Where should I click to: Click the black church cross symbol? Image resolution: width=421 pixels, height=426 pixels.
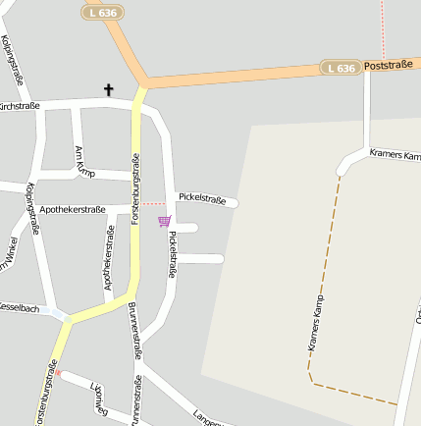coord(109,90)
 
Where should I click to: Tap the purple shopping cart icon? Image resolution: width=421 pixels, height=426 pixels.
coord(164,221)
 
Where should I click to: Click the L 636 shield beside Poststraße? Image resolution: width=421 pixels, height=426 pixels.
coord(339,68)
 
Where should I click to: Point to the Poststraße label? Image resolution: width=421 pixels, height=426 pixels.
coord(388,66)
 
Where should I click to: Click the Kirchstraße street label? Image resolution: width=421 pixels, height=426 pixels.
coord(19,105)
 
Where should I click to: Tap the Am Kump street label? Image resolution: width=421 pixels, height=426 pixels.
coord(84,162)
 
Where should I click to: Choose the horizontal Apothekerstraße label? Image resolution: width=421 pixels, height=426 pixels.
coord(72,209)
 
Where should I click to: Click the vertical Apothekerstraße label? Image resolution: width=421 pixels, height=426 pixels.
coord(109,257)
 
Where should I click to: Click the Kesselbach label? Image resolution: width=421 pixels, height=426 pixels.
coord(19,308)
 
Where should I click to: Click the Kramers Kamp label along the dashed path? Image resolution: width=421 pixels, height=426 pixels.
coord(315,324)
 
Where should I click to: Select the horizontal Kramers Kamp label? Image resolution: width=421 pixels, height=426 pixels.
coord(395,155)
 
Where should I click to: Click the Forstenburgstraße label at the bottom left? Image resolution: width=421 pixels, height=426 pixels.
coord(45,393)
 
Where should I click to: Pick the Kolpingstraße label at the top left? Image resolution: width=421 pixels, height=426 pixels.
coord(12,58)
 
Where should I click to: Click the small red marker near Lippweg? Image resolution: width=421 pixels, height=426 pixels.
coord(58,373)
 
